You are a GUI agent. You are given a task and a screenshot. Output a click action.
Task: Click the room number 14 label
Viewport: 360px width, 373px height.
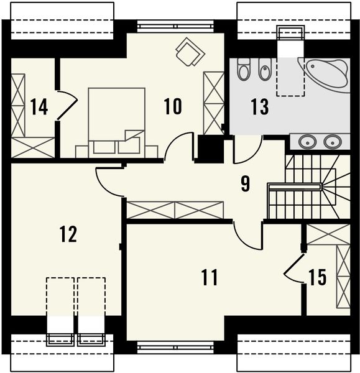[x=40, y=107]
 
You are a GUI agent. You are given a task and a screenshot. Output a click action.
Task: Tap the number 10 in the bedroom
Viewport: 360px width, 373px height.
[x=173, y=106]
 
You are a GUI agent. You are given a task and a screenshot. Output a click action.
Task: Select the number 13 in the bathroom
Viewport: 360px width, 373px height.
[x=260, y=107]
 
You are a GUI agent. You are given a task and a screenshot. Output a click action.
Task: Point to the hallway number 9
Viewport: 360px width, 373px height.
[x=246, y=183]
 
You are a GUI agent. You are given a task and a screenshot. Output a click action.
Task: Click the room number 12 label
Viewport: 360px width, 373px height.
[x=68, y=234]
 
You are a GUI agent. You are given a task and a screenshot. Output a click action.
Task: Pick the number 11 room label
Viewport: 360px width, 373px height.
[x=210, y=277]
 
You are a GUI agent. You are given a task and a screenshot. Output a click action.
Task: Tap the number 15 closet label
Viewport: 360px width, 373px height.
[x=317, y=277]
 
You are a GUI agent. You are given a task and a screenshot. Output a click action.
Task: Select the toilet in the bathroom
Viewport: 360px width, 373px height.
[x=243, y=69]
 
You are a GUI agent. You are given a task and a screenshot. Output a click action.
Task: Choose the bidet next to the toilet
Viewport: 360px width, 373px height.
[x=265, y=69]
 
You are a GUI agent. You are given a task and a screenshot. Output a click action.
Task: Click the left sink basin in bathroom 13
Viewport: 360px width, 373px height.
[x=307, y=142]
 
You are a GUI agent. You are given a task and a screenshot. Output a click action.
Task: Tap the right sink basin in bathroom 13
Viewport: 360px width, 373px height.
[x=333, y=142]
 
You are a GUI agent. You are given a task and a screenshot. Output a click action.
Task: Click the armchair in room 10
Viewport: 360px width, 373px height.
[x=190, y=52]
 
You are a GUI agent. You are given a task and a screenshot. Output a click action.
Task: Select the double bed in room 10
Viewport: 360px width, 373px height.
[x=117, y=122]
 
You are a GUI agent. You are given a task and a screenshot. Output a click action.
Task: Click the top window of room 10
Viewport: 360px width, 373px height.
[x=175, y=26]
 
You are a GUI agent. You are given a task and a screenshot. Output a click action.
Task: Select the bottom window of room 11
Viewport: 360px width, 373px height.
[x=175, y=348]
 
